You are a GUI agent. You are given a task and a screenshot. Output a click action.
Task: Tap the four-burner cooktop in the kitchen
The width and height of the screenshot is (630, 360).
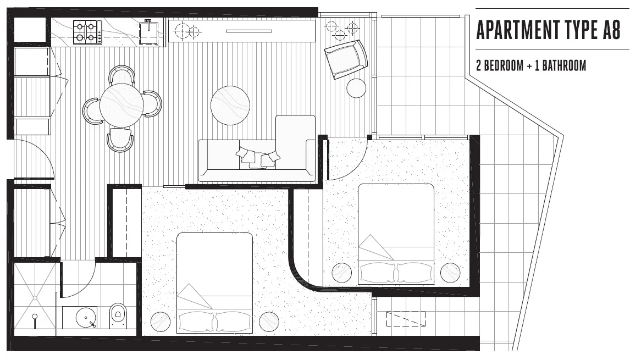coord(87,32)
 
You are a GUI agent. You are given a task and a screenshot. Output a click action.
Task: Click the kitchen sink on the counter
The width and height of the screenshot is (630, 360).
coord(148,32)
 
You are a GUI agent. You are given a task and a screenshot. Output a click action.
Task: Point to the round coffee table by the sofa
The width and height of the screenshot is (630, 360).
coord(230,106)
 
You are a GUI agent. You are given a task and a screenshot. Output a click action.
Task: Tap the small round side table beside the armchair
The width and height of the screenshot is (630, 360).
coord(356,88)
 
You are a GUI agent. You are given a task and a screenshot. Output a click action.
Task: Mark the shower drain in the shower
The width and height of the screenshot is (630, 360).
coord(35,317)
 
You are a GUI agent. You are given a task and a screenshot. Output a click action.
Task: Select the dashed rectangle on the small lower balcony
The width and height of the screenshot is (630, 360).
coord(406,319)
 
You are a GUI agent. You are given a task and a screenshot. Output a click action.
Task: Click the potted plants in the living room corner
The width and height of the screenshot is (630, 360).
coord(341,30)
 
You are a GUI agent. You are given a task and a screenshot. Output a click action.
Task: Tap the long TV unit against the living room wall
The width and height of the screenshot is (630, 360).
coord(242,31)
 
